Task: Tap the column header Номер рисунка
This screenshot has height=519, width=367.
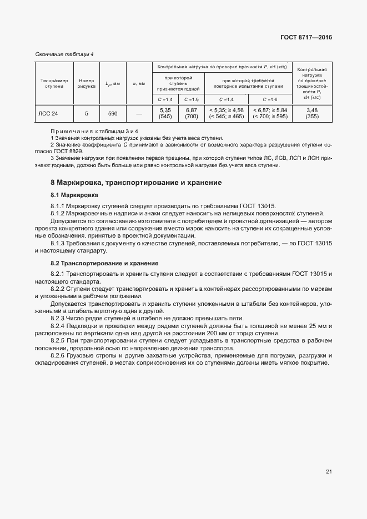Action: coord(86,83)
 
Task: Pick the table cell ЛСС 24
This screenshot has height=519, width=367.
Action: coord(48,113)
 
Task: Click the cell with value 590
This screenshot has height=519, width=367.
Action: coord(113,113)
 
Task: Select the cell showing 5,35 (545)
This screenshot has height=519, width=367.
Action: coord(165,113)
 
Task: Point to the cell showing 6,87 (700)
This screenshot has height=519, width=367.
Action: coord(192,113)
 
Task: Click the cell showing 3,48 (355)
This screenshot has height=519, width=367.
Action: coord(311,113)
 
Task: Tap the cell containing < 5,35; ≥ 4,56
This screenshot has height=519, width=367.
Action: coord(226,113)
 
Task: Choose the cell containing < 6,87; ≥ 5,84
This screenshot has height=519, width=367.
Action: coord(269,113)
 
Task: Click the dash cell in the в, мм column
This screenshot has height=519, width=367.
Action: coord(139,113)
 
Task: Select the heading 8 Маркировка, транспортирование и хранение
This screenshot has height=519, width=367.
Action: coord(136,182)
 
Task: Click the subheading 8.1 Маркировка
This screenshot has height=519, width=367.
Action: coord(74,195)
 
